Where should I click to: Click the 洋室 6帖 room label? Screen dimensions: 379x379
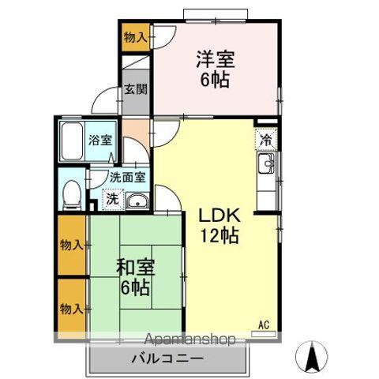click(215, 69)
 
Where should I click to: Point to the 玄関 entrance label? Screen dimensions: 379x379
click(133, 90)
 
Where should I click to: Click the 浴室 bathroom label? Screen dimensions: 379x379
click(99, 141)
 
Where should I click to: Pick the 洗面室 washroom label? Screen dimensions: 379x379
click(126, 178)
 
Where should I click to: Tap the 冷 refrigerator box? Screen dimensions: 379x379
click(266, 139)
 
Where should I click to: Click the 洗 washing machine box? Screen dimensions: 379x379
click(113, 199)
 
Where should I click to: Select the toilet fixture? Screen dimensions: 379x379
click(72, 193)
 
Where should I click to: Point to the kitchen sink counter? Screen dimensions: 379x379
click(266, 167)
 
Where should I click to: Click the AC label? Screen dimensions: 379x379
click(265, 324)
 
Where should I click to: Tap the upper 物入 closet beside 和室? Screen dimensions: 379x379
click(73, 245)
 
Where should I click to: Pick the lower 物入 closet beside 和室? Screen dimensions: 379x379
click(73, 306)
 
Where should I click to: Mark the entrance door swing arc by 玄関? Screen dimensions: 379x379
click(104, 101)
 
